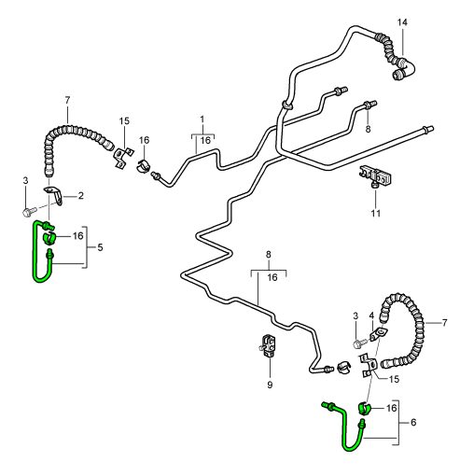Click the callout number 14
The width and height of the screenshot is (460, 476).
tap(402, 22)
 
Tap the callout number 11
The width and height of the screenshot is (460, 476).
tap(376, 214)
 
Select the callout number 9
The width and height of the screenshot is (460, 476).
tap(270, 385)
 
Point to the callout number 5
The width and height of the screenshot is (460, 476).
tap(100, 247)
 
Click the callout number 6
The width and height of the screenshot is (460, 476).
tap(413, 422)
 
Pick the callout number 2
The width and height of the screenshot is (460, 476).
tap(81, 196)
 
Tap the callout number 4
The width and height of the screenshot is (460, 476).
tap(371, 315)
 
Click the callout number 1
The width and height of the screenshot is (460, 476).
tap(202, 119)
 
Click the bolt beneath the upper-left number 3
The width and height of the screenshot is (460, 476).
tap(30, 212)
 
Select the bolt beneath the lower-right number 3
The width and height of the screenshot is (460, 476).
tap(360, 343)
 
